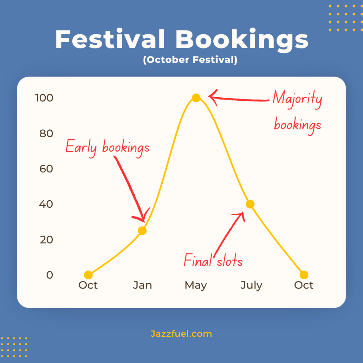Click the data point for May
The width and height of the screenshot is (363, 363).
click(x=196, y=98)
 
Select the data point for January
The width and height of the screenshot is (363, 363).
click(x=142, y=230)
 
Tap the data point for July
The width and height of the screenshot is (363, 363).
click(x=250, y=204)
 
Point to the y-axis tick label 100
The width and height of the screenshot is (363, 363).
click(x=44, y=98)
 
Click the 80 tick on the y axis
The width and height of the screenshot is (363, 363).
click(x=46, y=133)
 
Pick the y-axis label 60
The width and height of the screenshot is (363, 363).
click(x=46, y=169)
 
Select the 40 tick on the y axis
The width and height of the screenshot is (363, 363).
click(x=46, y=204)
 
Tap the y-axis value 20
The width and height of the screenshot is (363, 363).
click(x=46, y=240)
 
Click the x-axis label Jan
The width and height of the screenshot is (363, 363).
click(x=143, y=285)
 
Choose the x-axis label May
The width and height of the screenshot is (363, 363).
click(x=196, y=285)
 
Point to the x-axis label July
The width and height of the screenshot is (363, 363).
click(x=251, y=285)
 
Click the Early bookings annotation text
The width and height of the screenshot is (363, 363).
click(x=108, y=148)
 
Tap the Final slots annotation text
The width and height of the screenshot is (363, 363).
click(x=213, y=260)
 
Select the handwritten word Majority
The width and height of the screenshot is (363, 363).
click(x=297, y=99)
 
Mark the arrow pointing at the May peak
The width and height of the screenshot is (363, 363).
click(x=239, y=99)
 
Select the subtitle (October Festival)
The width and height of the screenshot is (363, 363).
click(x=190, y=60)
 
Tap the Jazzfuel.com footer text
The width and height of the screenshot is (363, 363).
click(x=181, y=334)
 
